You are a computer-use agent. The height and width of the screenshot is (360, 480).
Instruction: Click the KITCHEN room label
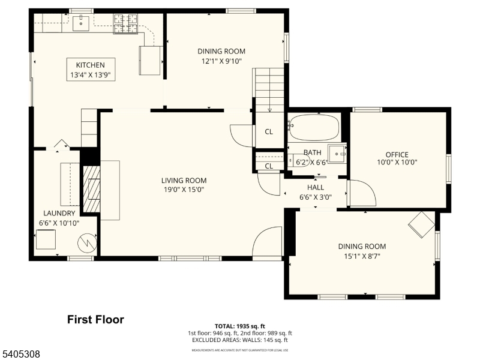click(x=90, y=65)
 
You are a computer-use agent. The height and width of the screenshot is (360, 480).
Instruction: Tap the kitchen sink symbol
click(x=80, y=23)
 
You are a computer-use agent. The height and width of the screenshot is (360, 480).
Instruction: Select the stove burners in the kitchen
click(x=126, y=24)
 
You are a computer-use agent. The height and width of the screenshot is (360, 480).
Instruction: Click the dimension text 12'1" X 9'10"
click(x=221, y=61)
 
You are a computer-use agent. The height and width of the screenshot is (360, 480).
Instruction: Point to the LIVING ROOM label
click(x=184, y=180)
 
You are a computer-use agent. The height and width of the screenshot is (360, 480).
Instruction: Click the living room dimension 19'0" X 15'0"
click(x=184, y=190)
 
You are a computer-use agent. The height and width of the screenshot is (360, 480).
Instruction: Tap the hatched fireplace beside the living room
click(x=91, y=188)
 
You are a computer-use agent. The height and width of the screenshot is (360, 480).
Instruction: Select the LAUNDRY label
click(x=59, y=213)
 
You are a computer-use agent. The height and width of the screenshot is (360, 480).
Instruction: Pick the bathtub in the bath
click(x=314, y=128)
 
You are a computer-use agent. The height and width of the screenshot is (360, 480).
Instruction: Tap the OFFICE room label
click(x=397, y=154)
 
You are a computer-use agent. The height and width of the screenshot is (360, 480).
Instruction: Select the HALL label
click(x=315, y=187)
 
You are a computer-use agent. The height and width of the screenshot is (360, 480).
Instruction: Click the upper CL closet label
click(x=269, y=132)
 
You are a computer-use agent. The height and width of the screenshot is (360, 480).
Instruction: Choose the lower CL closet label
click(x=269, y=166)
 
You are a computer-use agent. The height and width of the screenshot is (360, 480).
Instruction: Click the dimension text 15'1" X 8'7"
click(x=362, y=256)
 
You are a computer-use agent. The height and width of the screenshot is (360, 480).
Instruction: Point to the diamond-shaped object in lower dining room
click(x=421, y=224)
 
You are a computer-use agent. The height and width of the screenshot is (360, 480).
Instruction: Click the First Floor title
click(x=95, y=320)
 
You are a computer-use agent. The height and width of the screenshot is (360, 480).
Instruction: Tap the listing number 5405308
click(x=21, y=355)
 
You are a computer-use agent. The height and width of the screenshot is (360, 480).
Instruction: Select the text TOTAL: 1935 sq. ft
click(x=240, y=326)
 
